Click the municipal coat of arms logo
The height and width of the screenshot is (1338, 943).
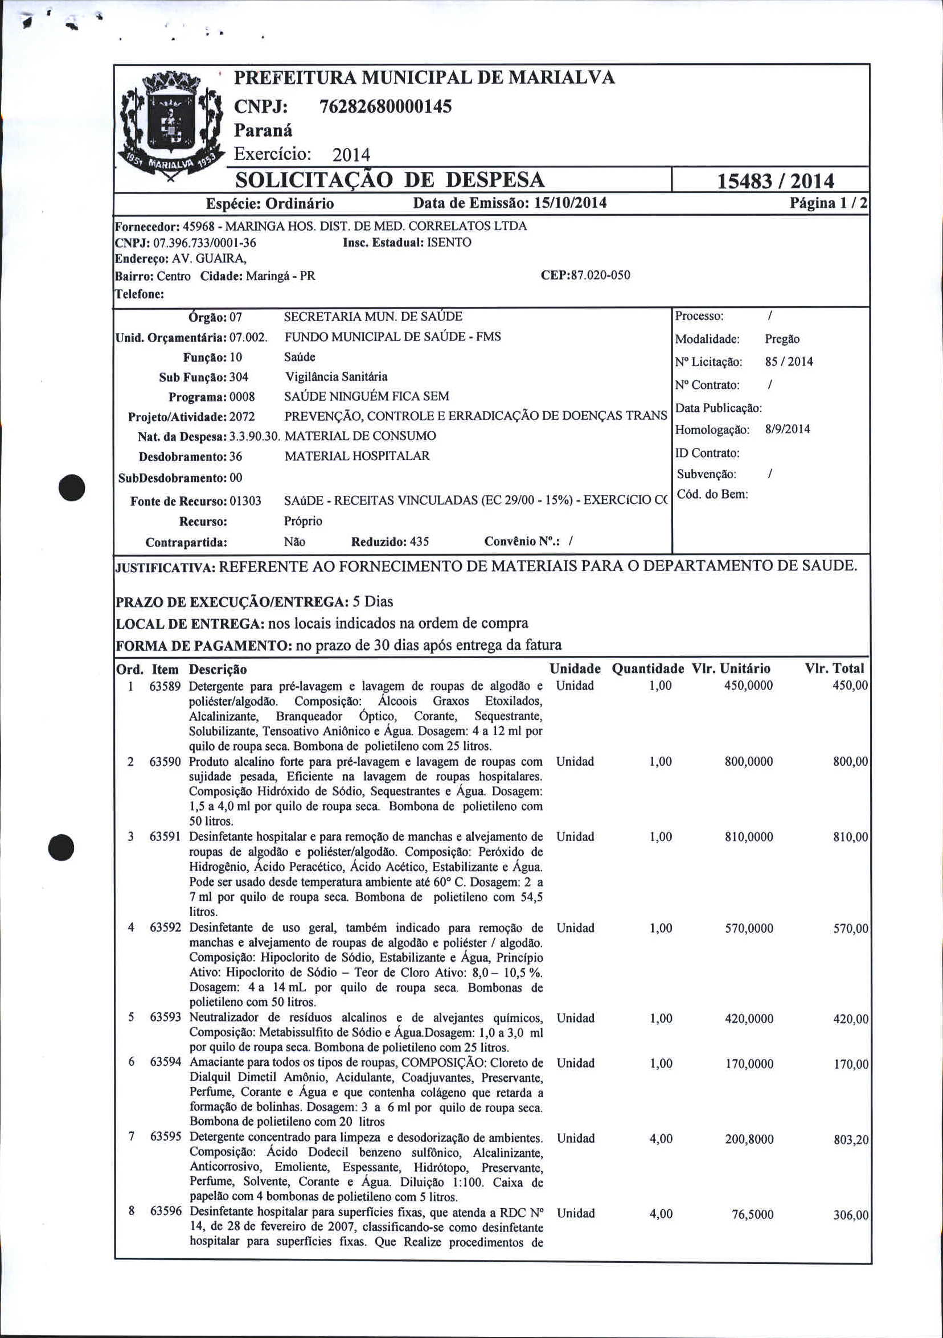(171, 126)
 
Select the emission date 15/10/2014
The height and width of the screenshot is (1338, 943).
(570, 203)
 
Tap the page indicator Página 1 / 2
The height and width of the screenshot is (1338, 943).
(828, 203)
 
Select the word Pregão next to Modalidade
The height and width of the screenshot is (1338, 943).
(782, 339)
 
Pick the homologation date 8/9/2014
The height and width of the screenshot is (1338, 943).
(788, 429)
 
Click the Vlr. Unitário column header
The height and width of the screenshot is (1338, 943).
(731, 668)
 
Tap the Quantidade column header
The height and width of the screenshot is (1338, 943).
(647, 668)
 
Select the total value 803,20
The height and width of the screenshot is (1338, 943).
(850, 1139)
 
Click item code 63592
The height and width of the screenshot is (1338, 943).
(166, 927)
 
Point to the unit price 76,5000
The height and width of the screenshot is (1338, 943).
(752, 1214)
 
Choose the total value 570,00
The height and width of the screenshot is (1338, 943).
(850, 928)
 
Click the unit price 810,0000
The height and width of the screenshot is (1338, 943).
(748, 837)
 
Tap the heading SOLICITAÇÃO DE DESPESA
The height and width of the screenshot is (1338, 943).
(389, 180)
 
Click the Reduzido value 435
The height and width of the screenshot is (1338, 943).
(419, 542)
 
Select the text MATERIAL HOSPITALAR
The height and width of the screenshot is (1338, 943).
(356, 456)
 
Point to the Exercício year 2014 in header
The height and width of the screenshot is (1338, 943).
(351, 155)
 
